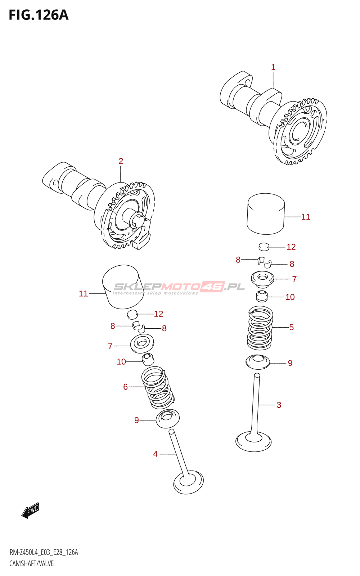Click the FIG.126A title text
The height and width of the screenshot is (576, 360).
click(39, 15)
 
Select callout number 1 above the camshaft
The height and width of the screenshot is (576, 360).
click(273, 67)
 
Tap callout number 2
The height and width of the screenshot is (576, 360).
click(121, 161)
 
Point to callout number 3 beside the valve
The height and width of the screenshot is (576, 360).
click(279, 405)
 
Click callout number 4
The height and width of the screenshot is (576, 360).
click(155, 454)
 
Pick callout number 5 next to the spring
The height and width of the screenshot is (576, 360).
click(291, 327)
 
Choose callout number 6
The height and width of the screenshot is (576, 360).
click(125, 387)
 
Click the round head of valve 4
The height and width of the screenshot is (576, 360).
click(189, 483)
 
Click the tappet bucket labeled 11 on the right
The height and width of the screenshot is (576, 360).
click(266, 214)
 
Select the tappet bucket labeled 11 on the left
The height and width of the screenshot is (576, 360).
click(123, 287)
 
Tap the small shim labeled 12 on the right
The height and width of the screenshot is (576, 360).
click(264, 246)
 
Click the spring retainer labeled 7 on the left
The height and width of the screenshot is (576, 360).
click(142, 343)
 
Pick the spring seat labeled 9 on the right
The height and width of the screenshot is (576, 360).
click(258, 361)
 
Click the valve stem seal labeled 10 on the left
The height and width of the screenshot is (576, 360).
click(148, 360)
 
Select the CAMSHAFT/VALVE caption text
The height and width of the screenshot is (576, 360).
click(31, 564)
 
